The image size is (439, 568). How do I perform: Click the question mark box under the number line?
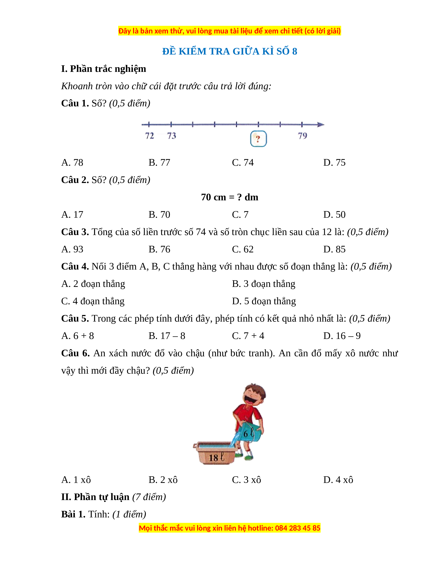[x=258, y=139]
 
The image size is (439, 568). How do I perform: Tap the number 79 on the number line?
[x=302, y=135]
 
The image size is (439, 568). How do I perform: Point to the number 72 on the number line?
[x=150, y=135]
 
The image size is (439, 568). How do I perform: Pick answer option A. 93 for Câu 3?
[x=72, y=249]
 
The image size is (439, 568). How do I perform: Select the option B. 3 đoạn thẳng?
[x=263, y=284]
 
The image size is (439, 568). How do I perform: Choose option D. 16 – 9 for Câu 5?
[x=342, y=336]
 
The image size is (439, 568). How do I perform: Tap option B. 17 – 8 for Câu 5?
[x=167, y=336]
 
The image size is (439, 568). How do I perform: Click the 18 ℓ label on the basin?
[x=216, y=457]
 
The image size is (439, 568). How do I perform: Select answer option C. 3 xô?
[x=246, y=480]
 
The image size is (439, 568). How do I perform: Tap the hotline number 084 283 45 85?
[x=297, y=528]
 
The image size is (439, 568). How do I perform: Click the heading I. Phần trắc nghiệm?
[x=104, y=69]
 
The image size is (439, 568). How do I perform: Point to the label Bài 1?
[x=73, y=514]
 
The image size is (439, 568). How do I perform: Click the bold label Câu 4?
[x=75, y=266]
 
